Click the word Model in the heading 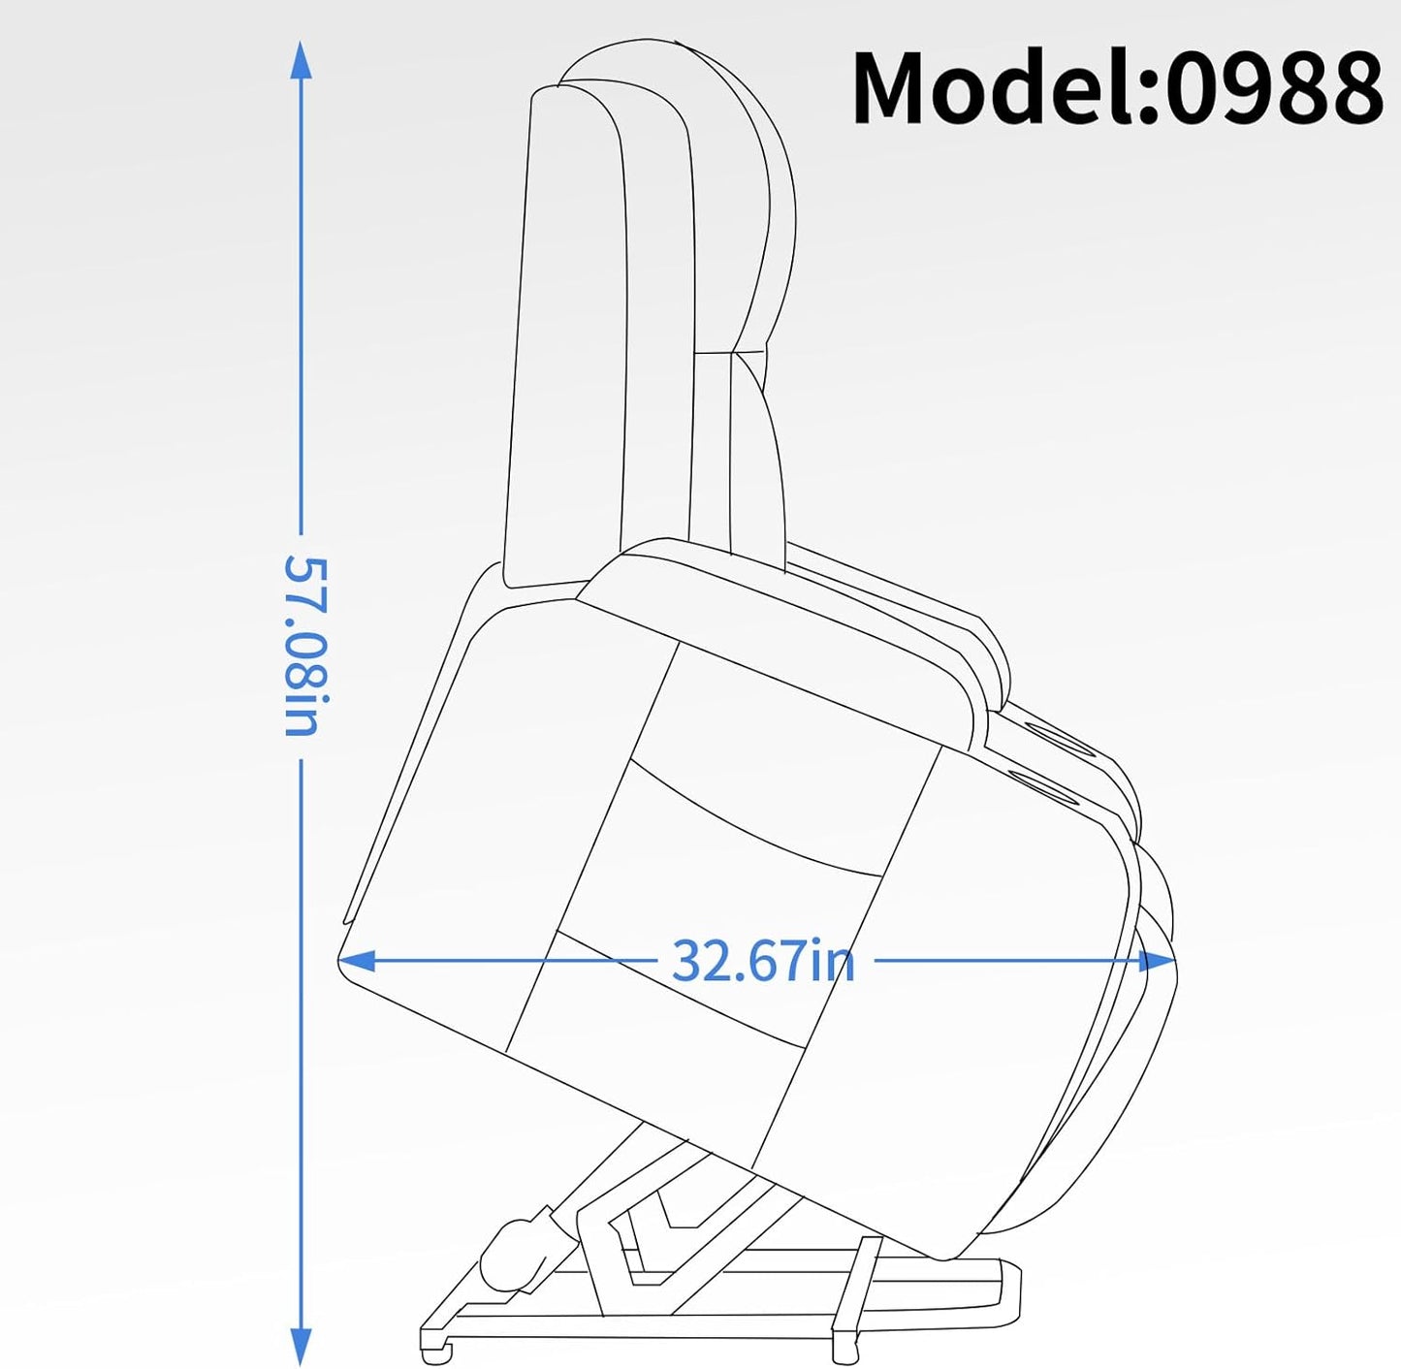click(995, 89)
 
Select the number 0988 click(1274, 89)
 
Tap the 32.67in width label click(763, 961)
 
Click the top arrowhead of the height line click(301, 60)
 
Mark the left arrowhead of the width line click(357, 960)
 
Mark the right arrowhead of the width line click(1157, 962)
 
